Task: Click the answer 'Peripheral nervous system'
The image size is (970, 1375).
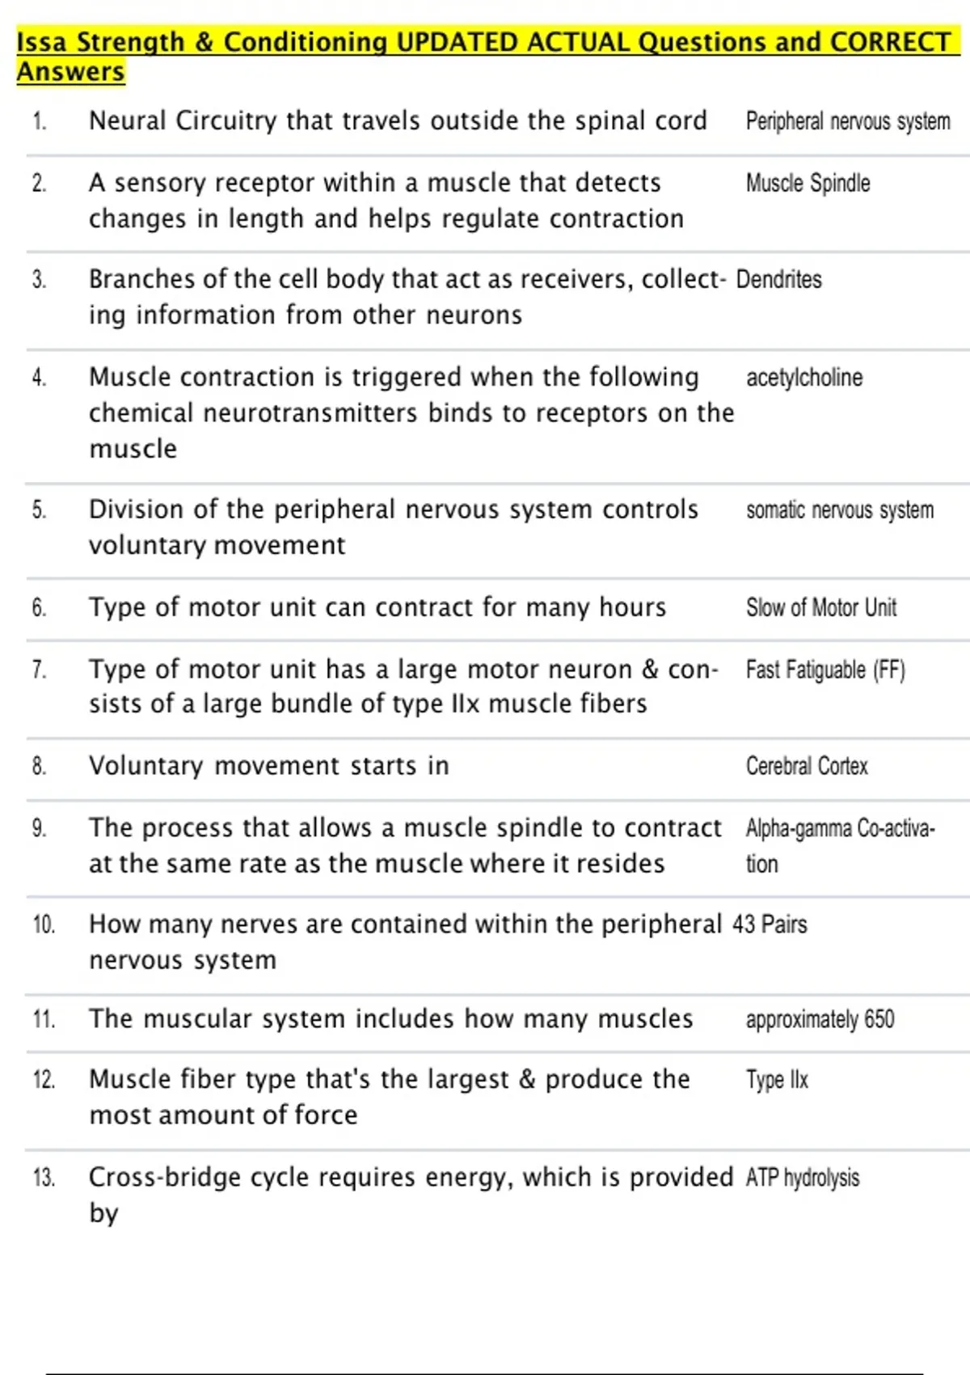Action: point(848,121)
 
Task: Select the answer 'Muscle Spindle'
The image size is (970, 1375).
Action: point(808,184)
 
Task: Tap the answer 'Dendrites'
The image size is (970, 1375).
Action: point(778,280)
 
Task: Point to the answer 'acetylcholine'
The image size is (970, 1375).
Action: point(804,378)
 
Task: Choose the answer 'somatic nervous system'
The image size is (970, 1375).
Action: point(840,510)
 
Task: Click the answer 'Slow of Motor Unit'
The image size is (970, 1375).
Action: point(820,607)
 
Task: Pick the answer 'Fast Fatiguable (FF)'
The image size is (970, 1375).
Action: point(825,670)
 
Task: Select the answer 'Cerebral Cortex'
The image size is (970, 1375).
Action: point(807,766)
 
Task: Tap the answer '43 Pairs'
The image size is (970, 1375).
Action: point(770,924)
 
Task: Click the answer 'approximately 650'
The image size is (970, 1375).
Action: point(820,1019)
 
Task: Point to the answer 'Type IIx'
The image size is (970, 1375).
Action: point(777,1080)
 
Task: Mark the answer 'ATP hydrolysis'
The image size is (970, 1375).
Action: point(802,1178)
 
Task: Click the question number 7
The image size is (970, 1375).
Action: point(39,670)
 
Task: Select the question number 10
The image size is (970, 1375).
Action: point(44,924)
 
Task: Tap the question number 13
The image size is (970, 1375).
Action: point(44,1178)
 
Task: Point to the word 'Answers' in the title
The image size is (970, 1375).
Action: point(71,71)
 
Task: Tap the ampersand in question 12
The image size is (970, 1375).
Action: point(527,1080)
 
